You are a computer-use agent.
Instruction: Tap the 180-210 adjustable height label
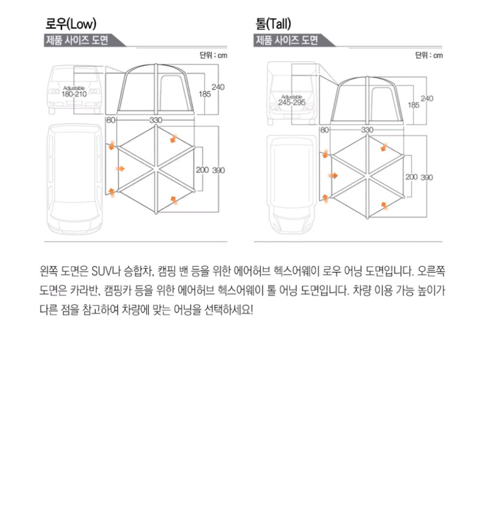(x=74, y=93)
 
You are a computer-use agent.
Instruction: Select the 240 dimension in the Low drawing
(x=218, y=87)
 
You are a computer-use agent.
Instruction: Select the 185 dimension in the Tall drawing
(x=413, y=105)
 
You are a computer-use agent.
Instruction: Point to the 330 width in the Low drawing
(x=156, y=120)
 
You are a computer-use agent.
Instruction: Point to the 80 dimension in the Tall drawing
(x=324, y=129)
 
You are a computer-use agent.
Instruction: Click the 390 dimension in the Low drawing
(x=219, y=170)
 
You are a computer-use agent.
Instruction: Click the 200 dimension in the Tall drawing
(x=411, y=177)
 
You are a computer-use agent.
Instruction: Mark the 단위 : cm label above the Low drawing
(x=213, y=55)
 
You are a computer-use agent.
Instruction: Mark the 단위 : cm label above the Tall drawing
(x=429, y=55)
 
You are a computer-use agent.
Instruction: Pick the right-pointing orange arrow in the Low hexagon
(x=119, y=169)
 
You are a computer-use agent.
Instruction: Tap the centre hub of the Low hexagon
(x=155, y=169)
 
